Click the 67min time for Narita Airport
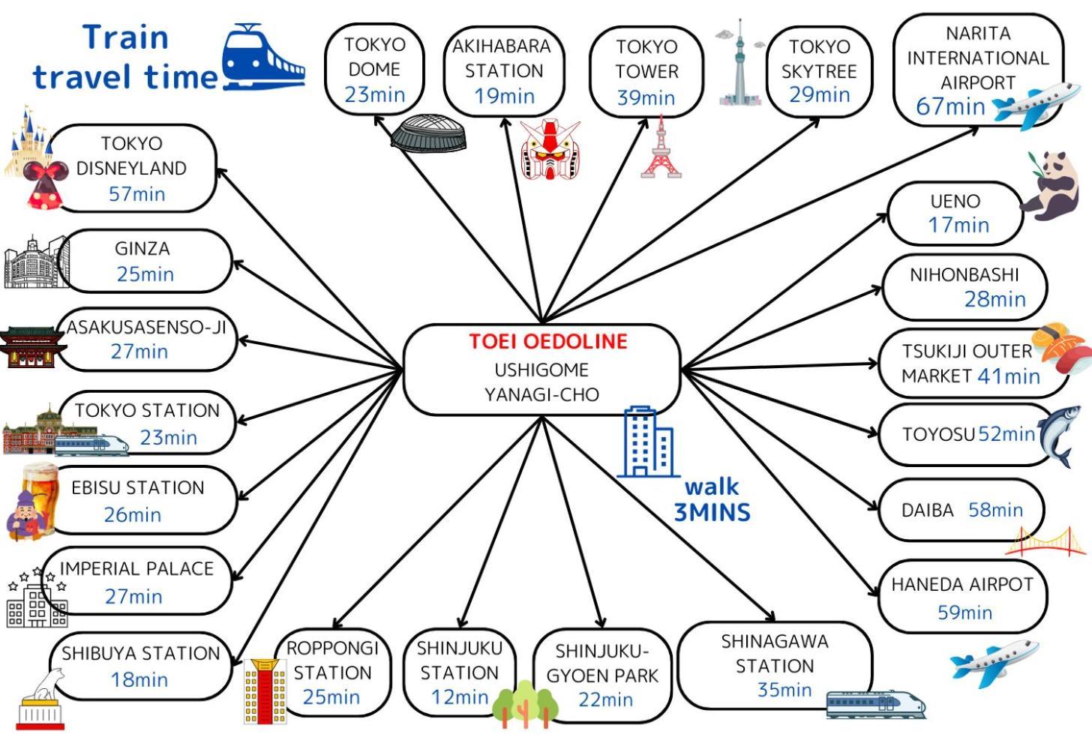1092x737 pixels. coord(950,106)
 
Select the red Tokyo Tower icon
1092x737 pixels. coord(661,148)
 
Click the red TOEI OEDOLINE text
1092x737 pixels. coord(548,342)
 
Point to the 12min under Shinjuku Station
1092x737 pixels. coord(459,697)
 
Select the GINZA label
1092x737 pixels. coord(142,249)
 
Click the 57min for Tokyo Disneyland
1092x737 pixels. coord(136,194)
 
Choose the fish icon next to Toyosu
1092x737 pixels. coord(1060,435)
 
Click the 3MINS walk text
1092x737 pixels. coord(712,513)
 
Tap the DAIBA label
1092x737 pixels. coord(927,511)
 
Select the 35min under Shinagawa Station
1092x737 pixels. coord(784,690)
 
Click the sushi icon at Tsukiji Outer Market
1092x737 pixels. coord(1062,349)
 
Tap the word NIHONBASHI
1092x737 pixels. coord(964,275)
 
